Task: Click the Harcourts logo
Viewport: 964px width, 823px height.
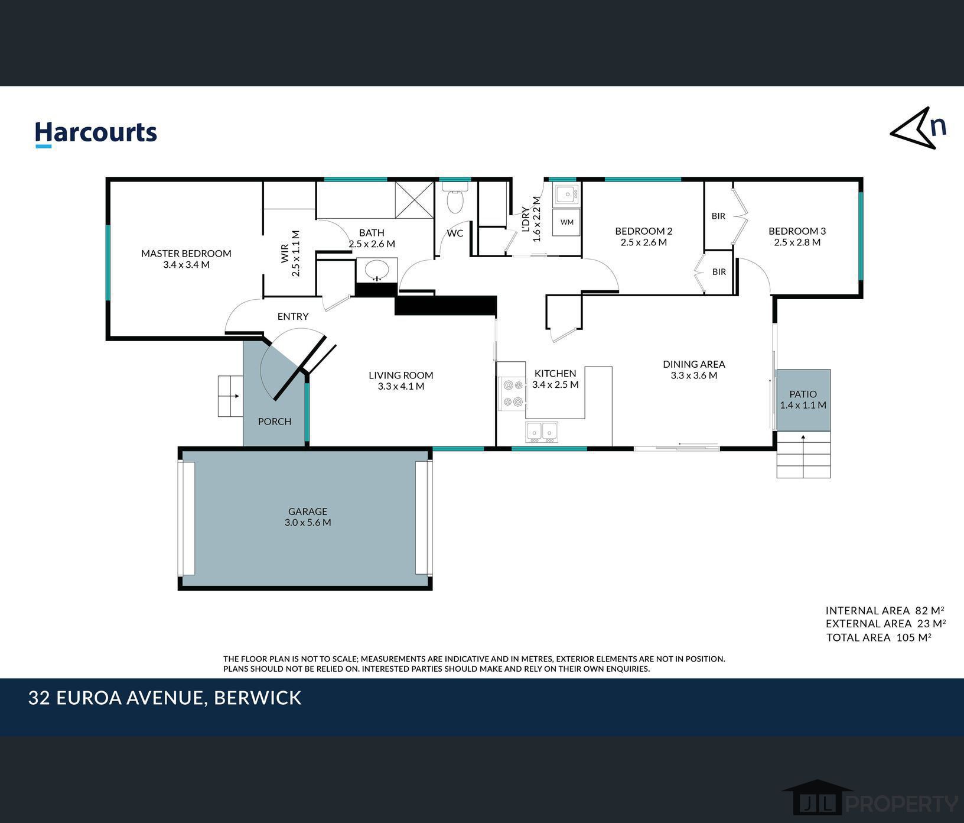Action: point(96,134)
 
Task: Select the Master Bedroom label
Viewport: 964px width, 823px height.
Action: point(186,254)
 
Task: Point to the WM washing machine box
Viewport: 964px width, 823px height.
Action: point(566,222)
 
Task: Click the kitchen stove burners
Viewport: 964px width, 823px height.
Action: point(512,393)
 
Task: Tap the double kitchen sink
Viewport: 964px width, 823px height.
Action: point(542,432)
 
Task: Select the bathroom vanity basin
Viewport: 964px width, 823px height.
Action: point(377,270)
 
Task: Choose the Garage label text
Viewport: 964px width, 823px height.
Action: point(308,511)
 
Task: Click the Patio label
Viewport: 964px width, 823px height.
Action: point(803,394)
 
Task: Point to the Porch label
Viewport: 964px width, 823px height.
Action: point(275,422)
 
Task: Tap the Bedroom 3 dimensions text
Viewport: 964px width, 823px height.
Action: point(797,242)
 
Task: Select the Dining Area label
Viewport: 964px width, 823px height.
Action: point(694,364)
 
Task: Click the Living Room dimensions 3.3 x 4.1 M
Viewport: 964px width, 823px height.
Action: point(401,387)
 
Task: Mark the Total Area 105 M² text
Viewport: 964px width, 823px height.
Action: point(879,637)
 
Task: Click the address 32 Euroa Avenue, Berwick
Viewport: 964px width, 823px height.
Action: point(165,698)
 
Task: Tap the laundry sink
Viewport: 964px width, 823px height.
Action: point(567,194)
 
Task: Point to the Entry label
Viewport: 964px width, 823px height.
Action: point(293,317)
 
